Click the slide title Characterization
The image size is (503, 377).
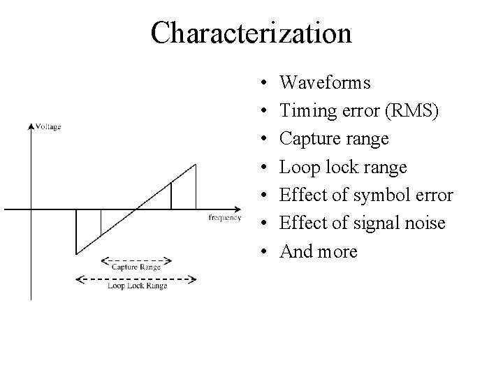point(251,32)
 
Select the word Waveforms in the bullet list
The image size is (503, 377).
point(325,83)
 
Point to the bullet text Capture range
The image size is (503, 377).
point(334,140)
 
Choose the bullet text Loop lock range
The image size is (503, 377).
point(342,168)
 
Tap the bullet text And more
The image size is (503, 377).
point(318,251)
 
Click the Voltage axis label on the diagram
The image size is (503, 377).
point(48,126)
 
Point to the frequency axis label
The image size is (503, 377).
point(225,218)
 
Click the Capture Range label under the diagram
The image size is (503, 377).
point(136,267)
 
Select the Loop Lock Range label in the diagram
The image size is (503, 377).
point(137,286)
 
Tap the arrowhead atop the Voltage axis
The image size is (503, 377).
point(31,126)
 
